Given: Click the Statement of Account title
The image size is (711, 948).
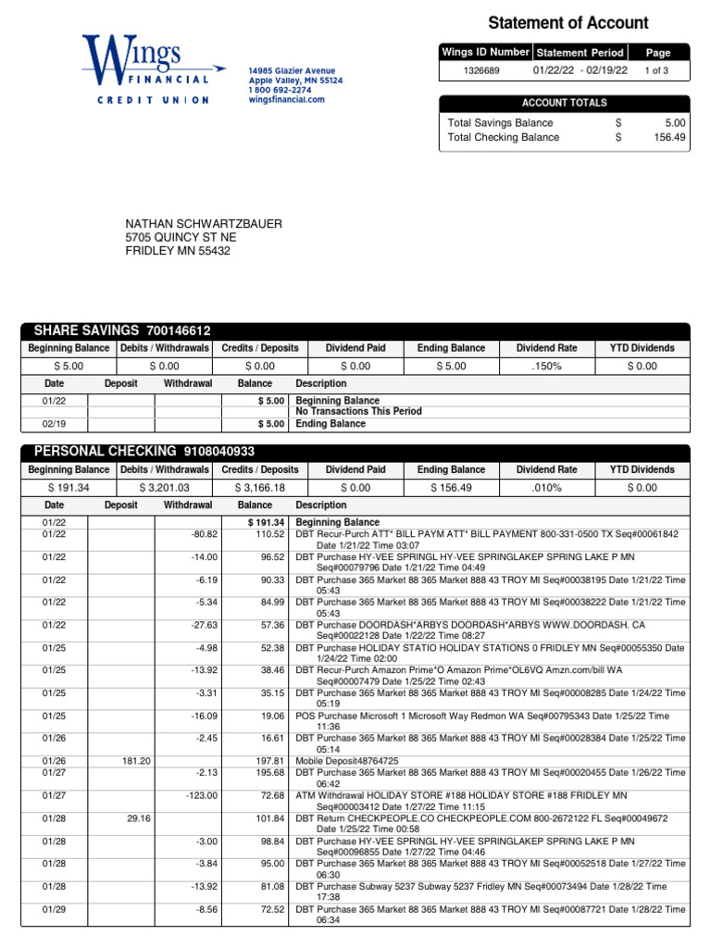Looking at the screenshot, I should (568, 23).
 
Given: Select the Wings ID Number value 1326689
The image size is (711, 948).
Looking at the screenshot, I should (482, 70).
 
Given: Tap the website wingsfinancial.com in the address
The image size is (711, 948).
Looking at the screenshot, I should (286, 99).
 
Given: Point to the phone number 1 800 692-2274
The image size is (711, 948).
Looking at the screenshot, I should (280, 90).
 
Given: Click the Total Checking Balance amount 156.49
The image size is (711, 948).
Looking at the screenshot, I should (668, 137).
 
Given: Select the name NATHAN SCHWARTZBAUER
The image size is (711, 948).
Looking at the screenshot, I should (204, 224).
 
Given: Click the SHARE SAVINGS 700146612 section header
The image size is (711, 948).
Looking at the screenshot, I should (122, 331).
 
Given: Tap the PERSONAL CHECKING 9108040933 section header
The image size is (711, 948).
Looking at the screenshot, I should (143, 451).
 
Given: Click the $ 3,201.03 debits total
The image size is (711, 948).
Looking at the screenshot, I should (163, 488).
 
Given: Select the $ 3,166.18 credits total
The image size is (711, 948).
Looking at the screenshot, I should (259, 488).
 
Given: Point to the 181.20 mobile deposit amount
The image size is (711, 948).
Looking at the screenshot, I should (136, 761).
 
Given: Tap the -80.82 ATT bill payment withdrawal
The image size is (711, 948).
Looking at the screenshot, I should (203, 535).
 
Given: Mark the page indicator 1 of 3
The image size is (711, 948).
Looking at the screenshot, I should (657, 70).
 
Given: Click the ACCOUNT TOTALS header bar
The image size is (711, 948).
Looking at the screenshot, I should (564, 104).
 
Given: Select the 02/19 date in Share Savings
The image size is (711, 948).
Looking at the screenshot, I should (54, 424).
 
